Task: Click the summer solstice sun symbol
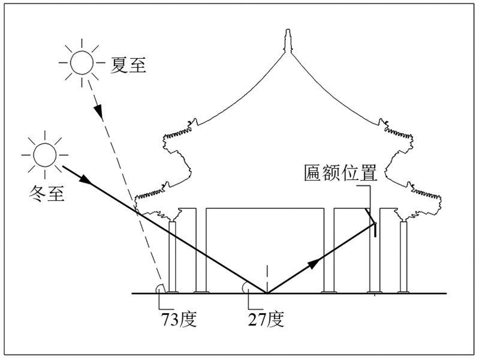pyautogui.click(x=82, y=61)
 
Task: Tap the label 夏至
pyautogui.click(x=129, y=62)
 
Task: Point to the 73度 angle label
pyautogui.click(x=178, y=319)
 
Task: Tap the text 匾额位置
pyautogui.click(x=340, y=173)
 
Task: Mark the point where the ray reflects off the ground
pyautogui.click(x=266, y=293)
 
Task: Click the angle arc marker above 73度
pyautogui.click(x=160, y=289)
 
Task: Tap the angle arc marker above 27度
pyautogui.click(x=246, y=288)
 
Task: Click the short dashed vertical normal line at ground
pyautogui.click(x=266, y=277)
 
